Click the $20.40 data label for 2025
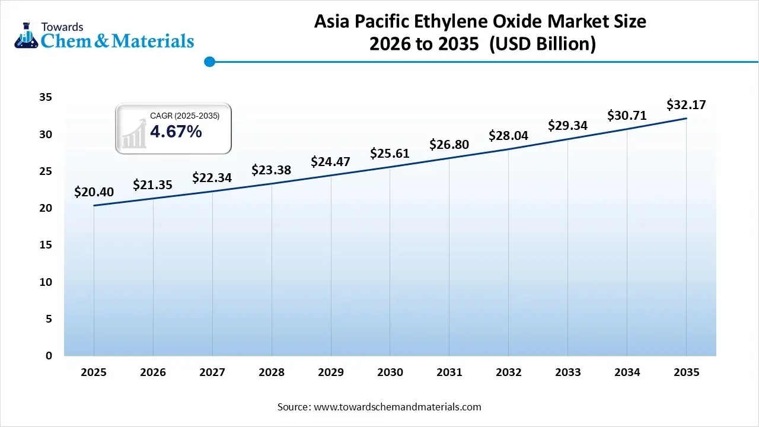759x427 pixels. pyautogui.click(x=94, y=192)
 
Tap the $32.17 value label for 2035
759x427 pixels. pyautogui.click(x=686, y=105)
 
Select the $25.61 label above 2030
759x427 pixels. pyautogui.click(x=390, y=154)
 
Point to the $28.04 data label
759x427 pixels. pyautogui.click(x=508, y=135)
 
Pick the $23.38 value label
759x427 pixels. pyautogui.click(x=271, y=170)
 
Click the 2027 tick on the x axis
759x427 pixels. pyautogui.click(x=212, y=372)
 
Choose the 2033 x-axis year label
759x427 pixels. pyautogui.click(x=568, y=372)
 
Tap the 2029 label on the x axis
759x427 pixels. pyautogui.click(x=331, y=372)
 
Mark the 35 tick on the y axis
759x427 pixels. pyautogui.click(x=46, y=97)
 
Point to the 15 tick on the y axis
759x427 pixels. pyautogui.click(x=46, y=245)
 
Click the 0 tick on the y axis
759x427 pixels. pyautogui.click(x=49, y=356)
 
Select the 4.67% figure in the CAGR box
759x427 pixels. pyautogui.click(x=176, y=132)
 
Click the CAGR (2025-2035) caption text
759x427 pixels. pyautogui.click(x=184, y=116)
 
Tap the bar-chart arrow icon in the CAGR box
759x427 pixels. pyautogui.click(x=134, y=133)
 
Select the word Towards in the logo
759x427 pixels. pyautogui.click(x=62, y=27)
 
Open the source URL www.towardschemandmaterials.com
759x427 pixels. pyautogui.click(x=397, y=407)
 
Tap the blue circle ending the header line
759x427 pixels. pyautogui.click(x=209, y=61)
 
